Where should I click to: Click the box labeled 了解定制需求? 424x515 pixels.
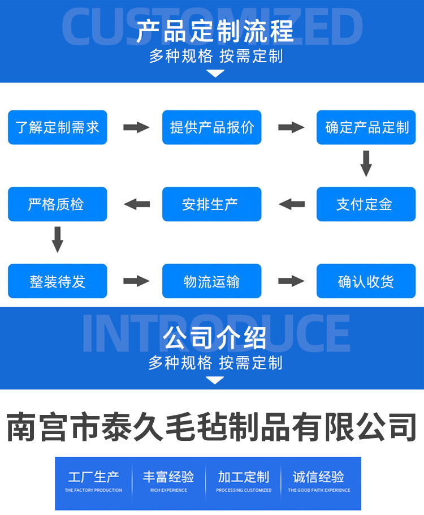(x=57, y=127)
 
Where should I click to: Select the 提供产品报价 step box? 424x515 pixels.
(x=212, y=127)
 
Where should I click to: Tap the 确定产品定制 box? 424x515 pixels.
(x=366, y=127)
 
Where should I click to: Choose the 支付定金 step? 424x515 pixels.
(x=366, y=204)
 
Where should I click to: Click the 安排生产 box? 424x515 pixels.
(x=212, y=204)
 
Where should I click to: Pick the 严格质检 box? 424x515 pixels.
(x=57, y=204)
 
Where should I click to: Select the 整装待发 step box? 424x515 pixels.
(x=57, y=281)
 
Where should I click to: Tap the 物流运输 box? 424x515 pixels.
(x=212, y=281)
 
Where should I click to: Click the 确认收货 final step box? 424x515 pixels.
(x=366, y=281)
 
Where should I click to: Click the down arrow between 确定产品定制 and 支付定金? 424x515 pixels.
(x=366, y=164)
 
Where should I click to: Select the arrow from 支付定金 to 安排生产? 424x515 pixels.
(x=292, y=204)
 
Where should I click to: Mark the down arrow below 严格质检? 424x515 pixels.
(x=57, y=239)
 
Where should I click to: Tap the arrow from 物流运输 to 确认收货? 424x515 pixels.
(x=291, y=281)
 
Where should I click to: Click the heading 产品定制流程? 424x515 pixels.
(x=215, y=31)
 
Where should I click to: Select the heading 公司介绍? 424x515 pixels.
(x=215, y=338)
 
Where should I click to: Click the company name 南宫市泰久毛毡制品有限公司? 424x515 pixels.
(x=212, y=427)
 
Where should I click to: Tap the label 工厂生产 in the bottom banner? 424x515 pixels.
(x=93, y=477)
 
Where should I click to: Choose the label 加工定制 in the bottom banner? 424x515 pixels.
(x=244, y=477)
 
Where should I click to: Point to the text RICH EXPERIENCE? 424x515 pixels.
(x=168, y=490)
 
